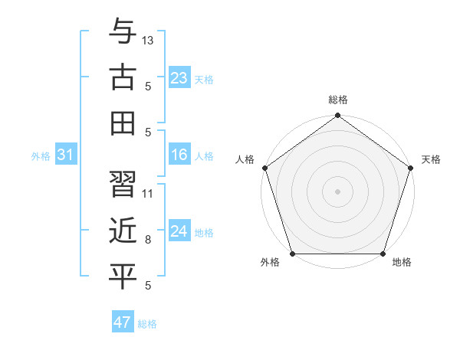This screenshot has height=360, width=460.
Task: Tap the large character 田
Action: (x=123, y=123)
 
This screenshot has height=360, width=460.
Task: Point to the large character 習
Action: (x=123, y=184)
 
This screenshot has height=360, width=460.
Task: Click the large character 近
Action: (x=123, y=230)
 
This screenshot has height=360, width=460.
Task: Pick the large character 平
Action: (x=123, y=277)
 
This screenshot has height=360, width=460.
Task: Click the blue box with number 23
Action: (x=179, y=78)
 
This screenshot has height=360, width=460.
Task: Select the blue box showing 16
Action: (x=179, y=155)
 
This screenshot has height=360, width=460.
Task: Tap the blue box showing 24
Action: (x=179, y=232)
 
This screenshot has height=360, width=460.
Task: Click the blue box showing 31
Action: (x=66, y=155)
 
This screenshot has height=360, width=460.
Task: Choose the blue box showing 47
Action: (x=123, y=322)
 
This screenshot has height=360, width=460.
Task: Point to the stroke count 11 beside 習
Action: (x=148, y=193)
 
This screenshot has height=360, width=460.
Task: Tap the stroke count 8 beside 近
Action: (x=147, y=240)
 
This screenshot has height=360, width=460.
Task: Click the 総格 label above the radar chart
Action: (x=337, y=100)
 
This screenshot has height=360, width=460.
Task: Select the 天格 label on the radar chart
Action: (x=432, y=159)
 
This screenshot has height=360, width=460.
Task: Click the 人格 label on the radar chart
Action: (x=245, y=159)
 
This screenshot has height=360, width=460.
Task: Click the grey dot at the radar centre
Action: (x=337, y=191)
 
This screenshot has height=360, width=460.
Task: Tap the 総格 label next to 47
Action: (x=147, y=324)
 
